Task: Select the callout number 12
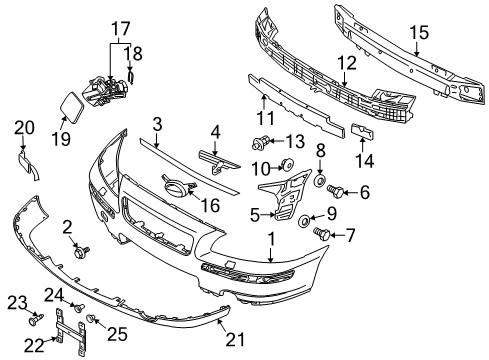(x=347, y=63)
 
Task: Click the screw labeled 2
(x=79, y=253)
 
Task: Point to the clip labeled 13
(x=265, y=139)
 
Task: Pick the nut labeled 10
(x=285, y=164)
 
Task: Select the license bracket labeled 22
(x=65, y=322)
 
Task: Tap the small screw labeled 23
(x=37, y=321)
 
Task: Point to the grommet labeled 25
(x=92, y=318)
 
